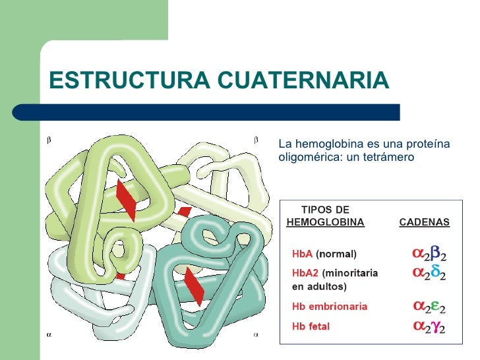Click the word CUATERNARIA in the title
point(303,80)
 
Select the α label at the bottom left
point(48,334)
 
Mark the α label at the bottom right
point(256,334)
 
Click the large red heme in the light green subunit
point(126,200)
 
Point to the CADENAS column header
point(425,222)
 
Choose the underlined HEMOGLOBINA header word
point(326,222)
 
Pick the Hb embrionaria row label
point(330,307)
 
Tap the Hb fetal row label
point(311,326)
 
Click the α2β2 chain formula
point(429,254)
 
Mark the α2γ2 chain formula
point(429,326)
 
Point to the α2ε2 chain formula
point(429,307)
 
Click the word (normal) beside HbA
point(336,254)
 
